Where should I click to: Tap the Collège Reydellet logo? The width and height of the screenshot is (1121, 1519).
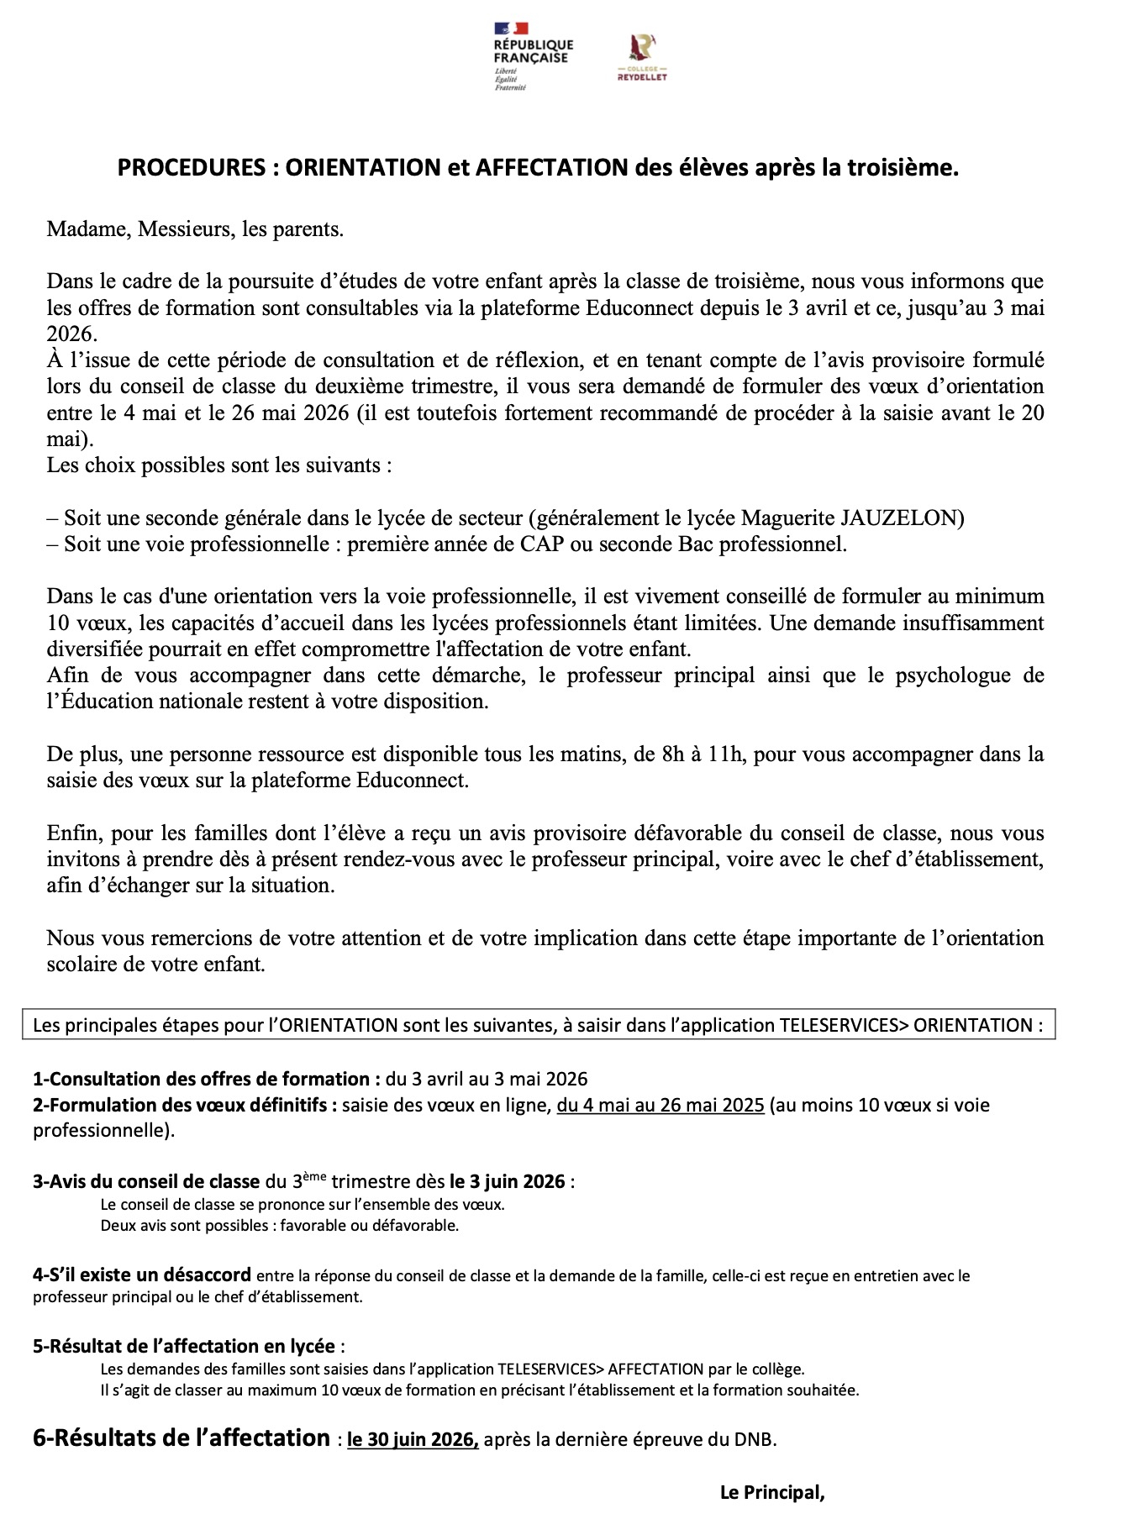pyautogui.click(x=642, y=58)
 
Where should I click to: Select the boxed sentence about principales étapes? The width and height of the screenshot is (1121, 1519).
pyautogui.click(x=538, y=1025)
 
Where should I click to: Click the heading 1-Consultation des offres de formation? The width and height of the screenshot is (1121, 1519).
pyautogui.click(x=202, y=1079)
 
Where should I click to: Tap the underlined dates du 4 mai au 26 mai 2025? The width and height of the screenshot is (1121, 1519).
pyautogui.click(x=660, y=1105)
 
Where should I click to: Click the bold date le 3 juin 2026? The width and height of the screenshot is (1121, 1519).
pyautogui.click(x=507, y=1181)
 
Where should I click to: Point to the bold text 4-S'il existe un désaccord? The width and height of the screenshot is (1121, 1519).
pyautogui.click(x=142, y=1275)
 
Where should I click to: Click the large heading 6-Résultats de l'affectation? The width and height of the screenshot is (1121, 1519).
pyautogui.click(x=182, y=1438)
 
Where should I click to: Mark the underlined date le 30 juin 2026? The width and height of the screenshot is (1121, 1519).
pyautogui.click(x=413, y=1440)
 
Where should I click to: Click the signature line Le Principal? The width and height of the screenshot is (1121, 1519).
pyautogui.click(x=772, y=1492)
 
